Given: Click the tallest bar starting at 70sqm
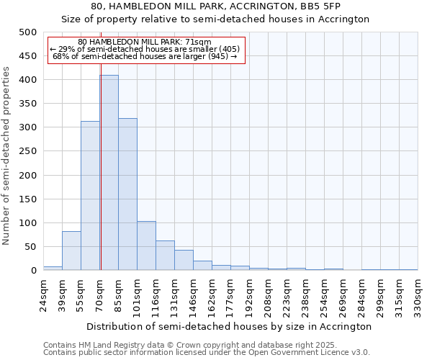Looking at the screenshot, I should point(109,173).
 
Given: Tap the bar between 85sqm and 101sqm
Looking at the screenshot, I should point(127,194).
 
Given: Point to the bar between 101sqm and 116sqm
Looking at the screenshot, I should point(146,246).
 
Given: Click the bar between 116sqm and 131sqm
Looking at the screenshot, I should point(165,256).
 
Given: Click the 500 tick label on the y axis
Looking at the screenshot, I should point(27,32).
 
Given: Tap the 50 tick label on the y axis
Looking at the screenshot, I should point(30,247).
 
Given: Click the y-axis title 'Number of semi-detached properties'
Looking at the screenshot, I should point(7,156).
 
